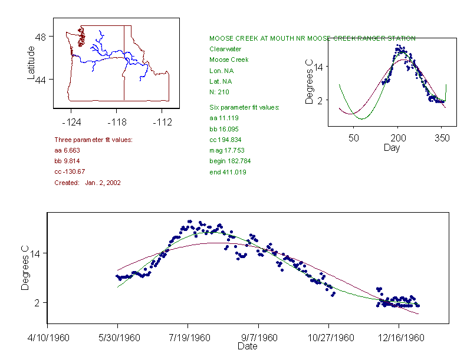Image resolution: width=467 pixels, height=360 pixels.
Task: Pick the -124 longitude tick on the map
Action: coord(71,123)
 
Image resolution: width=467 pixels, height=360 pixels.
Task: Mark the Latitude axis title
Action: coord(31,62)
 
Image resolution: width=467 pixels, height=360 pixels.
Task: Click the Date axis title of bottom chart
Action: coord(247,346)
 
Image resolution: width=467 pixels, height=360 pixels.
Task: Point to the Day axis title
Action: coord(392,147)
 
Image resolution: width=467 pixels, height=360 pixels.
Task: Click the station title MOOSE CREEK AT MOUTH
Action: coord(312,38)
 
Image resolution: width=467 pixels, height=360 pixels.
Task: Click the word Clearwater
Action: coord(225,49)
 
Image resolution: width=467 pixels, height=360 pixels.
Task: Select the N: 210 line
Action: coord(219,92)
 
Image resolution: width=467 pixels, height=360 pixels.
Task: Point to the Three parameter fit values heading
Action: coord(93,140)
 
